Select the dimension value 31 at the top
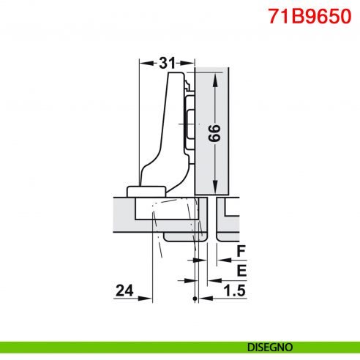click(167, 63)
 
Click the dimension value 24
click(124, 291)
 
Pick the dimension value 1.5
click(233, 291)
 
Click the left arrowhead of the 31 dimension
click(143, 63)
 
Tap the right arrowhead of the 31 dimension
click(191, 63)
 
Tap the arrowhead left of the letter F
click(215, 260)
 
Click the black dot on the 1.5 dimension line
click(194, 299)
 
